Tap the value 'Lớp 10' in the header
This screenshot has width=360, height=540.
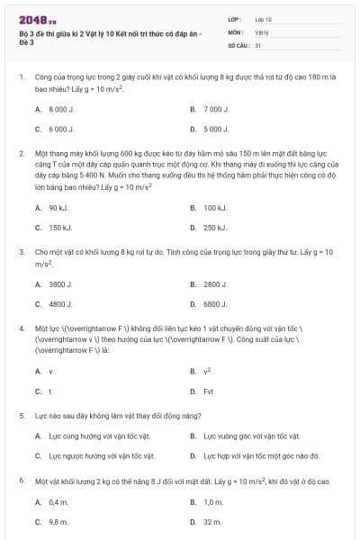click(x=264, y=19)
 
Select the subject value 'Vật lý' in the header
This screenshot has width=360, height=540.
click(x=262, y=31)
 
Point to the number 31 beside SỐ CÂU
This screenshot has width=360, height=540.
click(x=258, y=44)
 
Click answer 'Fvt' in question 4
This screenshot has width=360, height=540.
click(x=209, y=391)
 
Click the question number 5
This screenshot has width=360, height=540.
click(x=21, y=417)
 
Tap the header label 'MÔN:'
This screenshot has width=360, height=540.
click(x=235, y=31)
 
